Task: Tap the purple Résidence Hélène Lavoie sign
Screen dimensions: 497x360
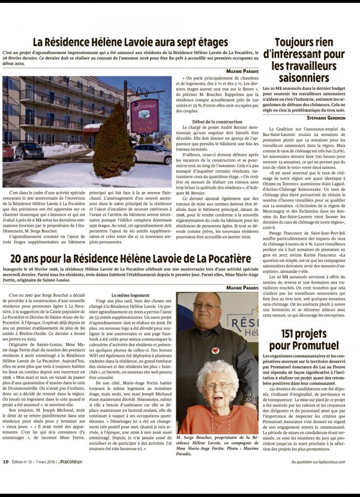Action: coord(144,115)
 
